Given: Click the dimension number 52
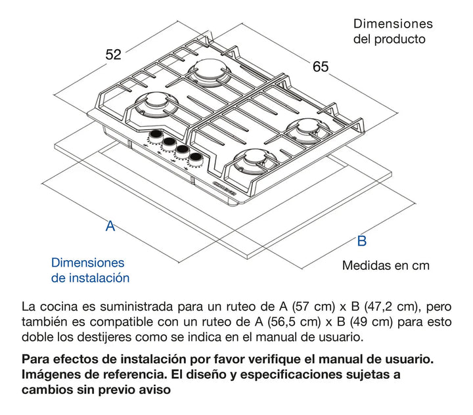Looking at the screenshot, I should (x=114, y=55).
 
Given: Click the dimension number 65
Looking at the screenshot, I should (x=321, y=66).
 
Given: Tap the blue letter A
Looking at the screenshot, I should (x=110, y=226).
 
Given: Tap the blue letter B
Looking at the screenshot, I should (x=361, y=240).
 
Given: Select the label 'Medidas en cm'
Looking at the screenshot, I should (x=385, y=265).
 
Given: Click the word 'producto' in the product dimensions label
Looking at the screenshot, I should (x=400, y=39).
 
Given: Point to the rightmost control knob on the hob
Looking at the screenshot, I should (x=195, y=158).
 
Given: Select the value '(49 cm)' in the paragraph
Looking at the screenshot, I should (x=367, y=322).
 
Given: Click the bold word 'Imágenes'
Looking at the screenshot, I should (x=49, y=375).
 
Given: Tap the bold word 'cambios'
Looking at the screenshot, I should (x=45, y=390).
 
